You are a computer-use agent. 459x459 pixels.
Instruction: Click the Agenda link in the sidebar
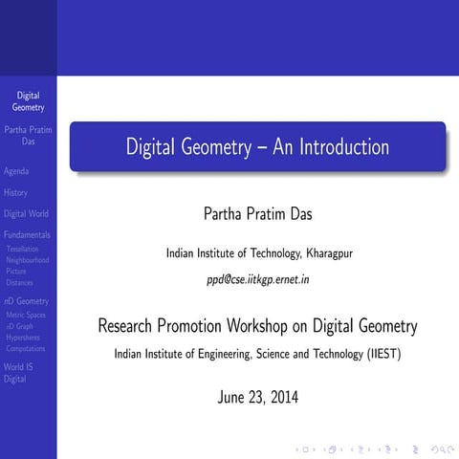[x=16, y=172]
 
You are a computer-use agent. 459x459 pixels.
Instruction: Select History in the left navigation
[x=16, y=193]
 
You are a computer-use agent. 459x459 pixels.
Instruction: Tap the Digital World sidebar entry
[x=26, y=214]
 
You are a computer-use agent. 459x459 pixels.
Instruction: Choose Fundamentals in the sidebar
[x=28, y=235]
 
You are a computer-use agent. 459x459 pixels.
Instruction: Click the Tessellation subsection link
[x=23, y=249]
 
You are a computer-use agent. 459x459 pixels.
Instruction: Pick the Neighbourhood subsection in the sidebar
[x=28, y=260]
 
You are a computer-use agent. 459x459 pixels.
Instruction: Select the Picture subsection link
[x=16, y=272]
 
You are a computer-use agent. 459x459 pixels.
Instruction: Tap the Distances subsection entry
[x=20, y=283]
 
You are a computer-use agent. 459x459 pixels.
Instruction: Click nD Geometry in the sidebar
[x=26, y=302]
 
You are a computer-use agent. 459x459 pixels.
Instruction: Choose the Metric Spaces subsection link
[x=26, y=315]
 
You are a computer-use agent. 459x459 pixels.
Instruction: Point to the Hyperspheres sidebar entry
[x=23, y=338]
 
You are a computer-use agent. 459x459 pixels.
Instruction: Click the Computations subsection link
[x=26, y=349]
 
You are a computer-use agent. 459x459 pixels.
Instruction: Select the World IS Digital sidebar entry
[x=18, y=372]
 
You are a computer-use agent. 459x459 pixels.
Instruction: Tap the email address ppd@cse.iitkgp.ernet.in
[x=257, y=280]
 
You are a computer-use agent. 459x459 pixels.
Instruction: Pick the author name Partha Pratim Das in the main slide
[x=257, y=212]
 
